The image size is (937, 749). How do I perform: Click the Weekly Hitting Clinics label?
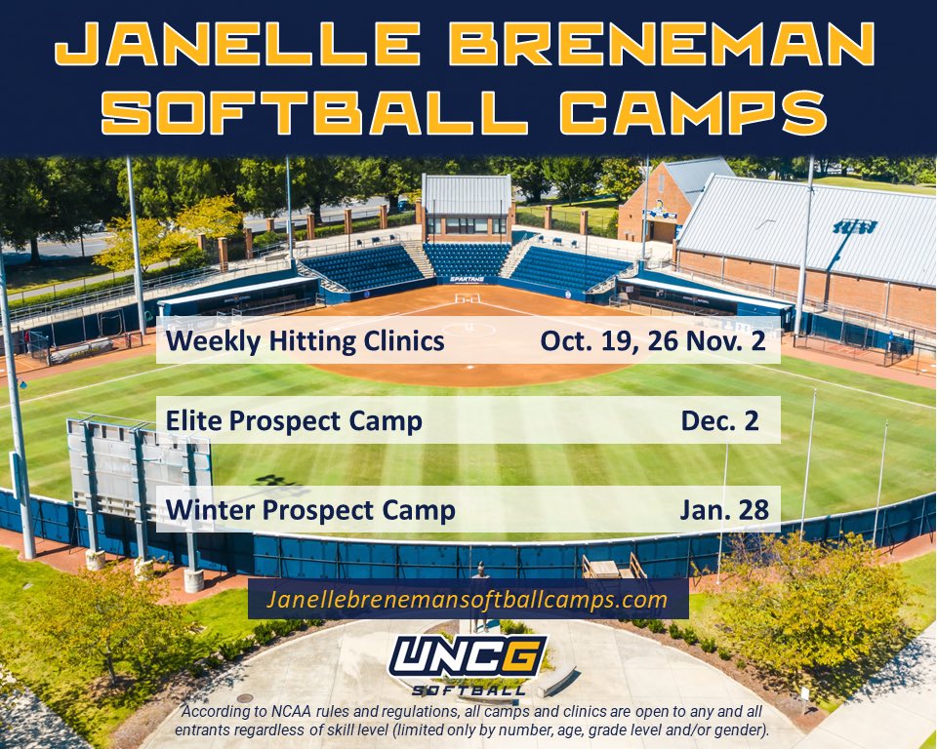coord(306,341)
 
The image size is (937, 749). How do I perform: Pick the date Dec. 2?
coord(719,420)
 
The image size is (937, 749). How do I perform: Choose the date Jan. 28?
coord(724,509)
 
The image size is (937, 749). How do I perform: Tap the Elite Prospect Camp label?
coord(294,420)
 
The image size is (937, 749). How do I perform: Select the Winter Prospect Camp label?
coord(310,509)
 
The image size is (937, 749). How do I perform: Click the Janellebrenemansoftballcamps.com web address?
coord(468,598)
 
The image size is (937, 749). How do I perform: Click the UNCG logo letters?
coord(468,656)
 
